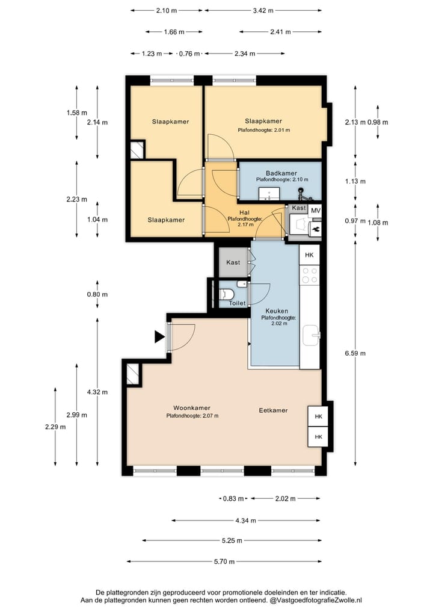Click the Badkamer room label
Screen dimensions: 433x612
coord(281,173)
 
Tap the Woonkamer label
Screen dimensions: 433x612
coord(192,408)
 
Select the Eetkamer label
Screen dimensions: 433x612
coord(273,410)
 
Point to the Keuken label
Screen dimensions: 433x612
coord(277,311)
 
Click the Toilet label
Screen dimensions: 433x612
coord(237,303)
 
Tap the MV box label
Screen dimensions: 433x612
coord(316,211)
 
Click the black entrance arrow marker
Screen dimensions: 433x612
coord(159,336)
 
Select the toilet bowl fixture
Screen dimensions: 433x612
coord(226,294)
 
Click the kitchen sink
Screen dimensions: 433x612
coord(312,335)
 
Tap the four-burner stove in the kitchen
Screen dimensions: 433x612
coord(309,275)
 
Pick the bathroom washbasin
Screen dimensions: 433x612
coord(269,194)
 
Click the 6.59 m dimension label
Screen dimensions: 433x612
coord(355,353)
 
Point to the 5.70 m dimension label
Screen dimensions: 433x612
coord(224,561)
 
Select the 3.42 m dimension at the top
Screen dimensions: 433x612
coord(263,11)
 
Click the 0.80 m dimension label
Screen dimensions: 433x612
coord(97,294)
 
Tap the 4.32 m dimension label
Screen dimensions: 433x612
coord(97,392)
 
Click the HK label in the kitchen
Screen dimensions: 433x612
coord(309,255)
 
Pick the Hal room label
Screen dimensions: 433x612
coord(245,212)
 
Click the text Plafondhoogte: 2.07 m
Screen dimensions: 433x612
coord(192,416)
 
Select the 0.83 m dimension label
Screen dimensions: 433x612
coord(233,498)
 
